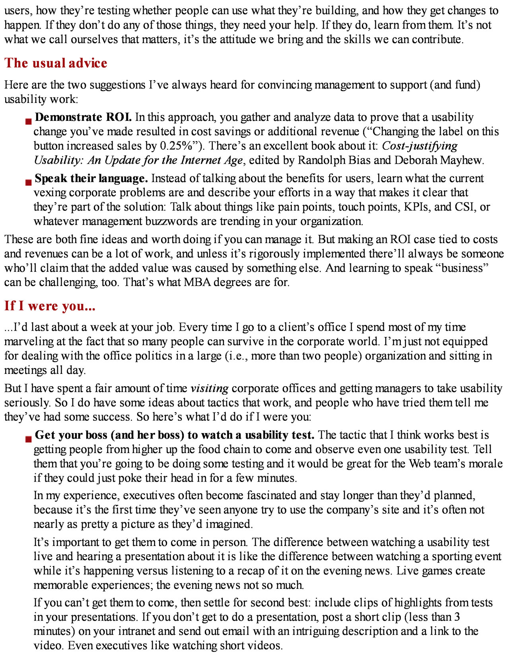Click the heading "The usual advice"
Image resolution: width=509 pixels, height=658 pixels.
click(56, 63)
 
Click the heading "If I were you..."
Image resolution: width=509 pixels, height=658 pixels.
click(50, 306)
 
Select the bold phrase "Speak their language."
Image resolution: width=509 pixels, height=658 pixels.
click(91, 178)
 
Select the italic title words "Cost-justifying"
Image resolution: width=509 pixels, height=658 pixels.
click(420, 146)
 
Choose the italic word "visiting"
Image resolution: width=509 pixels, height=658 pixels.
click(209, 388)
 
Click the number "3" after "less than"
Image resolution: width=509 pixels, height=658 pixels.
click(457, 617)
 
